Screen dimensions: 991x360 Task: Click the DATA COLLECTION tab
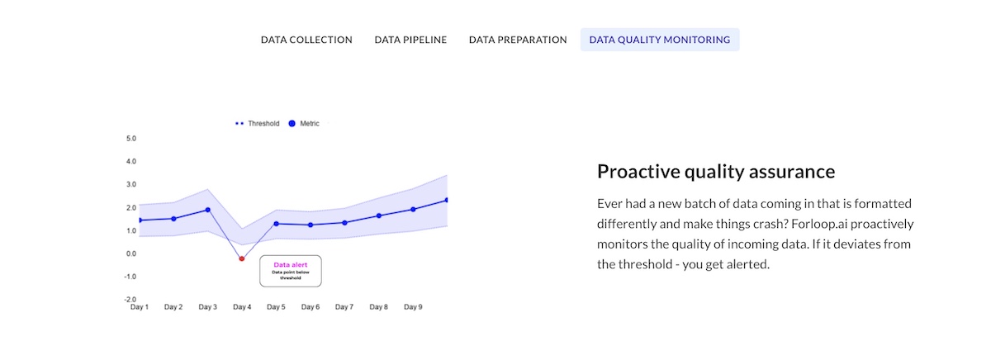306,40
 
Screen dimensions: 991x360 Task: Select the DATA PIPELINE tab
410,40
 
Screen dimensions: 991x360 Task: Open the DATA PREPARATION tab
518,40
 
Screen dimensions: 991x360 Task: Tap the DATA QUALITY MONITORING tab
660,40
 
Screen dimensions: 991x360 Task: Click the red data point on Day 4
241,258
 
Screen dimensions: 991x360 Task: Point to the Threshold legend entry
257,123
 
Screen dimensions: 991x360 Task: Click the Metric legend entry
304,123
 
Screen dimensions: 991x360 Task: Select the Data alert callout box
291,271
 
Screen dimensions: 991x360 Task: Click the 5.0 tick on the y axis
131,139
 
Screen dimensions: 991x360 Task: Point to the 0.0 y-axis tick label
131,253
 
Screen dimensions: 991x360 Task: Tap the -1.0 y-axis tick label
130,277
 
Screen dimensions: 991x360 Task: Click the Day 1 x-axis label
140,307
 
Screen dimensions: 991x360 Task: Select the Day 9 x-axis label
413,307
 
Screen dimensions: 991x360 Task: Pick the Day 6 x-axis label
311,307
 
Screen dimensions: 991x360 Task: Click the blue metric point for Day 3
208,210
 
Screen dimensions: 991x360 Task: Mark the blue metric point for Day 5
276,224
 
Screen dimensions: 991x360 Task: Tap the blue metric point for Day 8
379,216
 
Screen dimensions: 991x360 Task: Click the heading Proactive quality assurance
716,172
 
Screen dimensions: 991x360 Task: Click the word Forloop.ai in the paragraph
819,224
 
